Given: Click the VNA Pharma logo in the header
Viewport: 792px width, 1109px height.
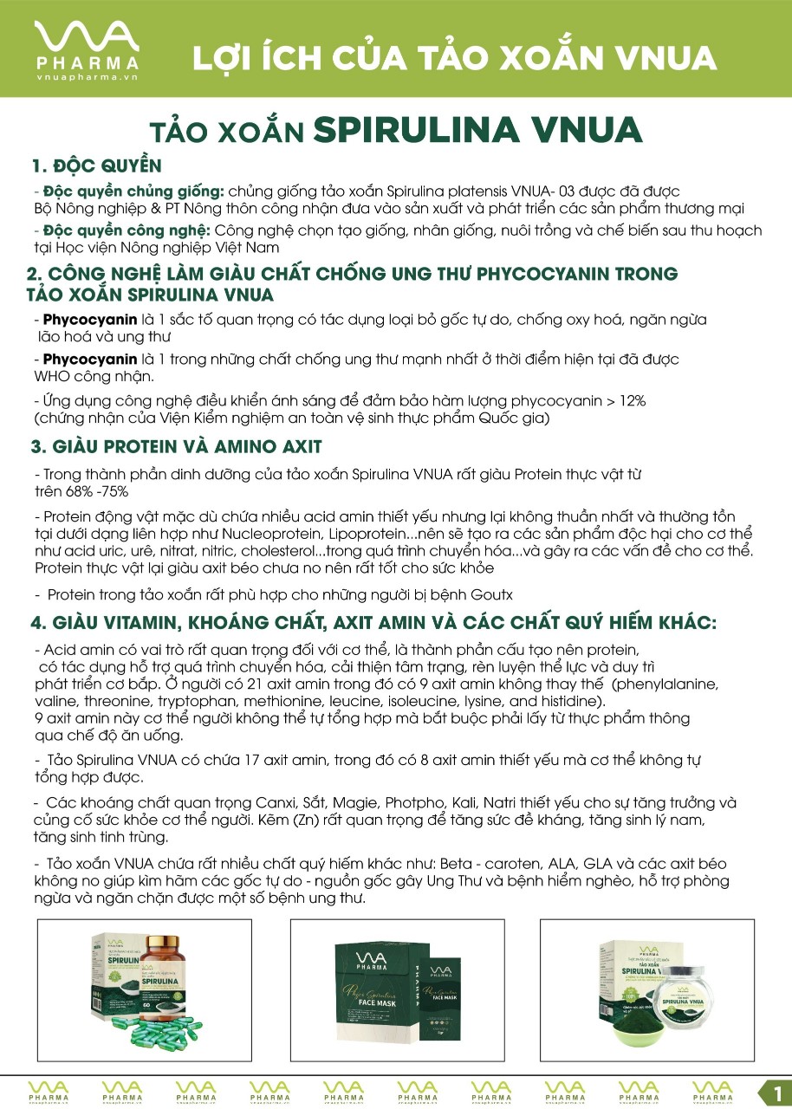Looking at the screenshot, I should (x=86, y=48).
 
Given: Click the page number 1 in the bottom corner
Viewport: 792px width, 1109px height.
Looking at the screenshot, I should (x=776, y=1091).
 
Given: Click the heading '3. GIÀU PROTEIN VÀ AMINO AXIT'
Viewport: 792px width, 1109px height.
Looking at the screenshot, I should (x=176, y=447).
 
